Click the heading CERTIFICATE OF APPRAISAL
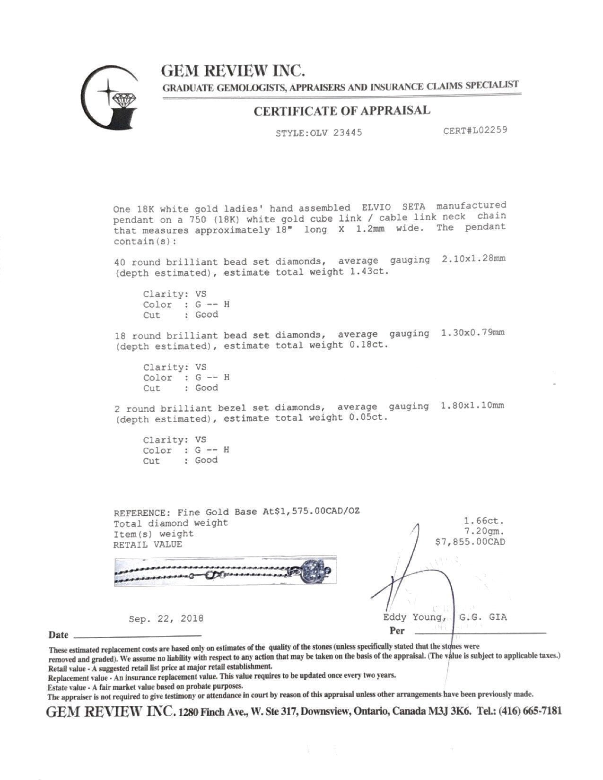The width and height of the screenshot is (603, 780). click(x=342, y=111)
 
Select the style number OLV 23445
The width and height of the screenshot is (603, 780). click(x=336, y=133)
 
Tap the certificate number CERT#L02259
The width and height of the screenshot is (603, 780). click(x=475, y=130)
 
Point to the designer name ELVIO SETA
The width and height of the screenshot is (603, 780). click(x=393, y=208)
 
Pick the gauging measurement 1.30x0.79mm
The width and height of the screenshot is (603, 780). click(x=472, y=333)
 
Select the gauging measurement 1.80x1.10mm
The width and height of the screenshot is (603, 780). click(x=472, y=406)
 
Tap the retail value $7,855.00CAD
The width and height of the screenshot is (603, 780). click(x=470, y=542)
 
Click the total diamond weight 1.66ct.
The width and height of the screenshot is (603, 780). click(x=484, y=521)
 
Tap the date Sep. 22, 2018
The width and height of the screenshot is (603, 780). click(x=166, y=618)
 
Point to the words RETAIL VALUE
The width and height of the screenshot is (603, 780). click(x=148, y=545)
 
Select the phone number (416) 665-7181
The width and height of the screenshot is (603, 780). click(x=530, y=711)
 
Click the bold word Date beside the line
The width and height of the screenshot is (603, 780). click(x=58, y=635)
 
